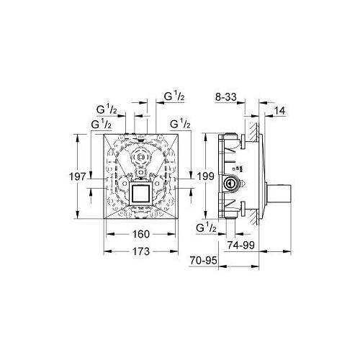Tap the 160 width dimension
pyautogui.click(x=140, y=233)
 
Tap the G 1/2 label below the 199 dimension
pyautogui.click(x=206, y=228)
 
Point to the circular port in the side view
pyautogui.click(x=230, y=184)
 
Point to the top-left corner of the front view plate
pyautogui.click(x=106, y=133)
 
